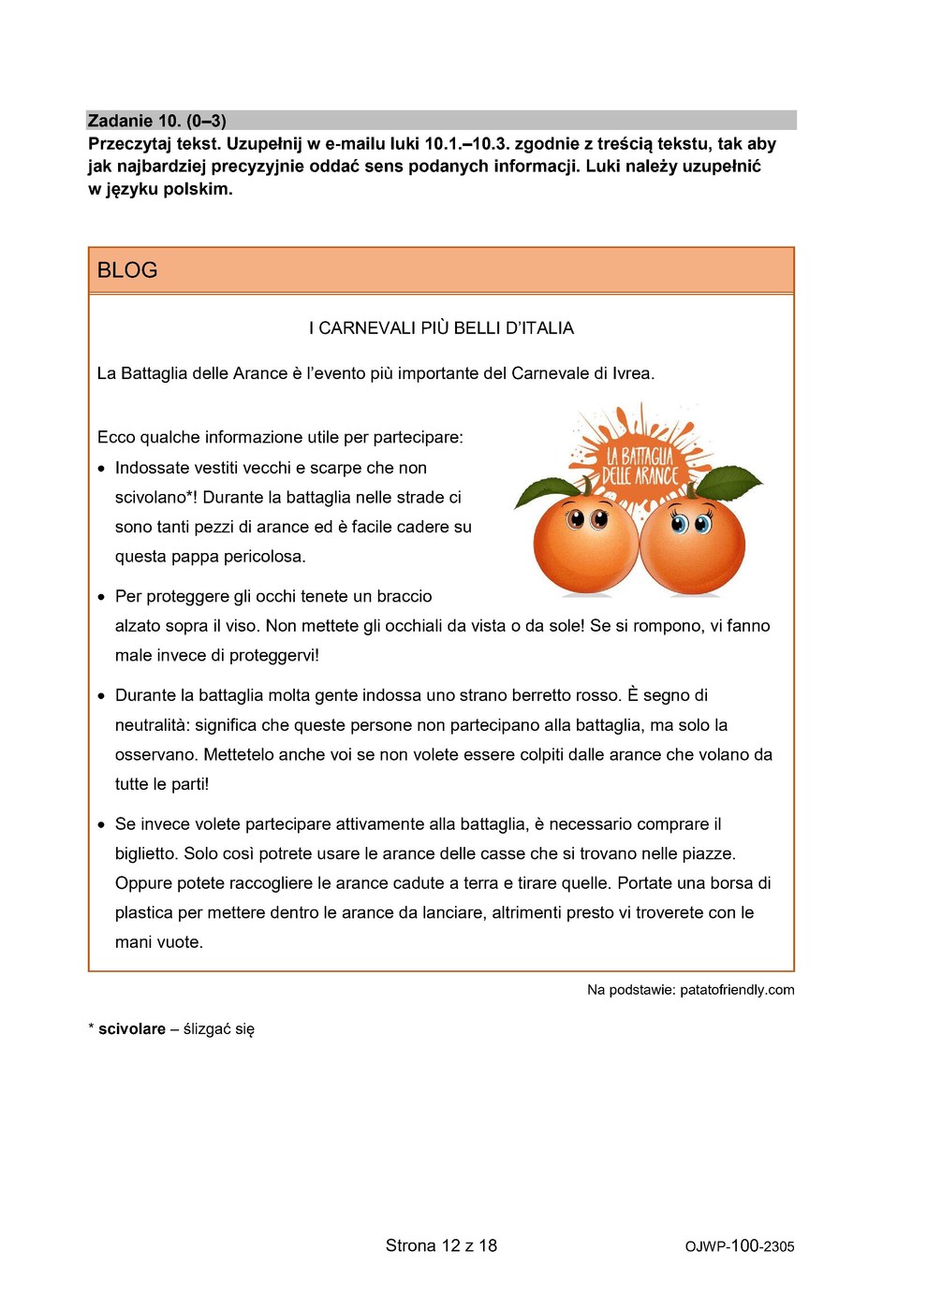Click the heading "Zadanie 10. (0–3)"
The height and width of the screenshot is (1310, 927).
pos(157,121)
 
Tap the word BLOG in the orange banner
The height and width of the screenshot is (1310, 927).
pos(127,270)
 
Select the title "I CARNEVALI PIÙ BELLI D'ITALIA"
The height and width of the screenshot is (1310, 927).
pos(441,328)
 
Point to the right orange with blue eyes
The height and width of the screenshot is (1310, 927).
pos(693,547)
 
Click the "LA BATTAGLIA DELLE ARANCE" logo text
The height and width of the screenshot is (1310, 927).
pos(640,466)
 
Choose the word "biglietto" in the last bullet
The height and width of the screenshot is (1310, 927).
pos(145,853)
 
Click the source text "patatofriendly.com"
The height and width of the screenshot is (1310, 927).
pos(737,990)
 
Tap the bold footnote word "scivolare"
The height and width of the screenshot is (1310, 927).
pos(132,1029)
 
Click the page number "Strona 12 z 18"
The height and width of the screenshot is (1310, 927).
pos(441,1245)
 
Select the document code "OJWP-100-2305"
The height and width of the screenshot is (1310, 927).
pos(739,1246)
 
